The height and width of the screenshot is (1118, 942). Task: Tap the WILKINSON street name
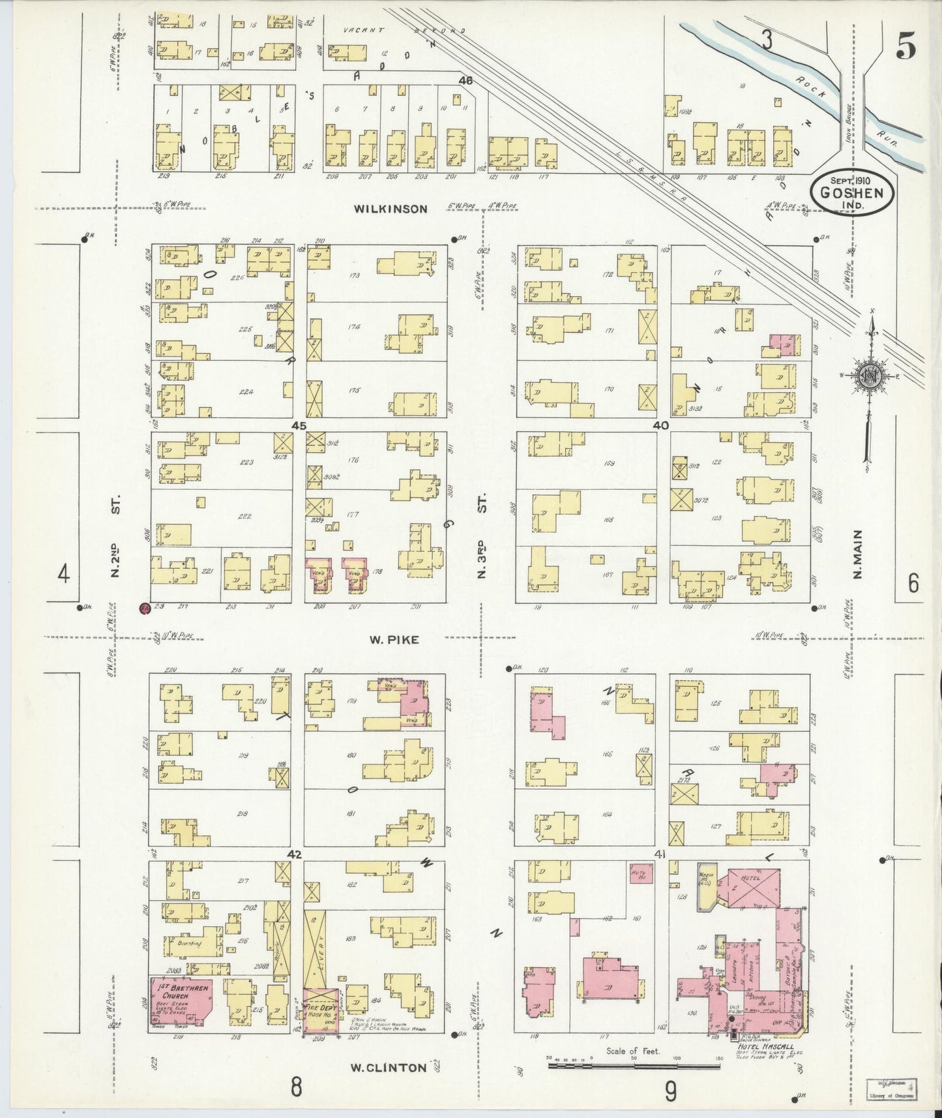[390, 209]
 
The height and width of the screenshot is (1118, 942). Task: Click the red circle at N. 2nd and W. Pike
[145, 609]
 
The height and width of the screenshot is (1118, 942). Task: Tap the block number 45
[299, 425]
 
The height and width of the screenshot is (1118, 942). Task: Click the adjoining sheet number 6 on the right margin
[913, 582]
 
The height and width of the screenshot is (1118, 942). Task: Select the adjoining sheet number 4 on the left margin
[63, 575]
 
